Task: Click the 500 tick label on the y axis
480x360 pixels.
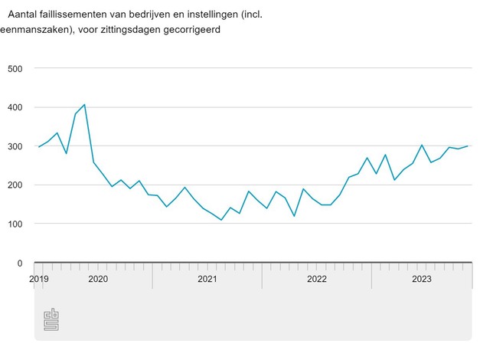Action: pos(15,68)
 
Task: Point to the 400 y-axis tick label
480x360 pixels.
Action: pos(15,107)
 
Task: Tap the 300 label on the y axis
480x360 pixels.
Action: pos(15,146)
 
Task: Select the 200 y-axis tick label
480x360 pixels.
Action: pos(15,185)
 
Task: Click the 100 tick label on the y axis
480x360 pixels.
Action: pos(15,224)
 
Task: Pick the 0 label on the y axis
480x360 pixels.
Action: pos(20,263)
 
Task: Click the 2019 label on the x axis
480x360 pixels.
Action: pos(39,279)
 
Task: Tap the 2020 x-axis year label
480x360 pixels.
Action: pos(98,279)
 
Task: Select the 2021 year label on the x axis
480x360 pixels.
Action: pos(207,279)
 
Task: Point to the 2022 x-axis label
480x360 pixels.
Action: pos(317,279)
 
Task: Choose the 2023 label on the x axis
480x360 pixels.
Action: pos(422,279)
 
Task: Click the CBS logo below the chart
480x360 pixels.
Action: pos(51,319)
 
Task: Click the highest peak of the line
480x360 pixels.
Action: pos(84,105)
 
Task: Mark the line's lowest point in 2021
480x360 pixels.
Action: pos(221,220)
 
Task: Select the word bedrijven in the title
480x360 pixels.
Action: pos(157,14)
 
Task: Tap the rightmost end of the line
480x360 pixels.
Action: pos(468,146)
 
